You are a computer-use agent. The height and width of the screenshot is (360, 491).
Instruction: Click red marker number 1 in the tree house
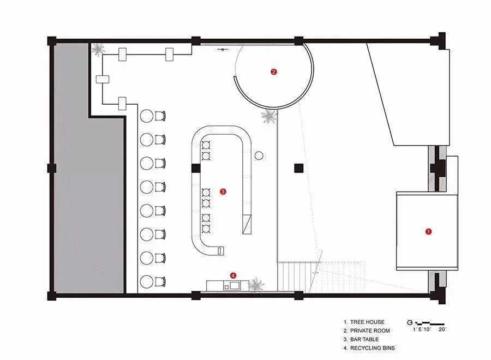click(x=428, y=232)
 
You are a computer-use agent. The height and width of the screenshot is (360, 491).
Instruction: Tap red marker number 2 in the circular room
click(x=274, y=71)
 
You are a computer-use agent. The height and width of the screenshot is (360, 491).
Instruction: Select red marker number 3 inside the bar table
click(x=223, y=191)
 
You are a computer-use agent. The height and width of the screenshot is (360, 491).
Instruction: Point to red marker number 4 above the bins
click(x=233, y=275)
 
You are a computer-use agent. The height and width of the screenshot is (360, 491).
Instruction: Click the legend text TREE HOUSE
click(x=367, y=322)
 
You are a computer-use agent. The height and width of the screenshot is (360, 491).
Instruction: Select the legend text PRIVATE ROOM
click(x=370, y=331)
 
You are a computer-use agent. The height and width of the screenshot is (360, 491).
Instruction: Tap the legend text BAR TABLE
click(x=364, y=339)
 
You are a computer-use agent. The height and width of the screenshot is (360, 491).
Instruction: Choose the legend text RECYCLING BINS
click(x=372, y=348)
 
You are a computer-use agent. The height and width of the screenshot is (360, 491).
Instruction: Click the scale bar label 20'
click(x=442, y=329)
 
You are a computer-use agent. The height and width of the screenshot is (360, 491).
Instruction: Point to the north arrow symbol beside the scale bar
click(x=410, y=322)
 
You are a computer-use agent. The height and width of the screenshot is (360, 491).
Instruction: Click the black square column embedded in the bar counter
click(x=196, y=168)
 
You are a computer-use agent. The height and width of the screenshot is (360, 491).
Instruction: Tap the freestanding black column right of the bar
click(x=299, y=168)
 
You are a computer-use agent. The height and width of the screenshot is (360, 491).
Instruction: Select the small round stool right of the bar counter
click(x=259, y=155)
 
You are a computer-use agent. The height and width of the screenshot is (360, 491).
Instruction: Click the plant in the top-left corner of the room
click(x=98, y=49)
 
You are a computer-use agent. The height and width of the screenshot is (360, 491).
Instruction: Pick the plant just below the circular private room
click(x=269, y=116)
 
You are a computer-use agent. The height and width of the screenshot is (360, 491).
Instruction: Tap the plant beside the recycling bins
click(x=256, y=285)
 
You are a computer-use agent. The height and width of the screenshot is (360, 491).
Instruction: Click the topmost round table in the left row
click(x=147, y=116)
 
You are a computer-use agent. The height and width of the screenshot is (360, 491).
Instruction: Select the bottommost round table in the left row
click(x=147, y=282)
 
